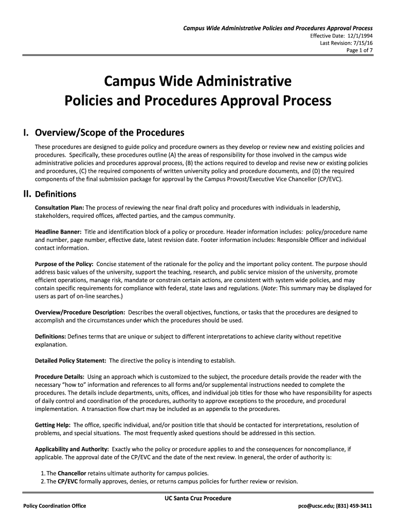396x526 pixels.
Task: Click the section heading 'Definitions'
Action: (x=56, y=194)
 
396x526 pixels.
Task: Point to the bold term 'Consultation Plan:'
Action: (x=55, y=208)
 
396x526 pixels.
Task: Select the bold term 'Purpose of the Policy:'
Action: (x=64, y=264)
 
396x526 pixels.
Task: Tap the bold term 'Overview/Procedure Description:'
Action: (x=80, y=312)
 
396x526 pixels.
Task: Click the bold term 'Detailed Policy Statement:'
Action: (x=70, y=360)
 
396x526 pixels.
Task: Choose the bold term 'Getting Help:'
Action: (x=52, y=425)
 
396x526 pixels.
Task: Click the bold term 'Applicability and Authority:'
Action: (x=71, y=448)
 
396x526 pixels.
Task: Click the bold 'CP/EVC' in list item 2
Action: (x=68, y=481)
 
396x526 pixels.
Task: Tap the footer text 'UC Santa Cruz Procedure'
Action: (x=194, y=498)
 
